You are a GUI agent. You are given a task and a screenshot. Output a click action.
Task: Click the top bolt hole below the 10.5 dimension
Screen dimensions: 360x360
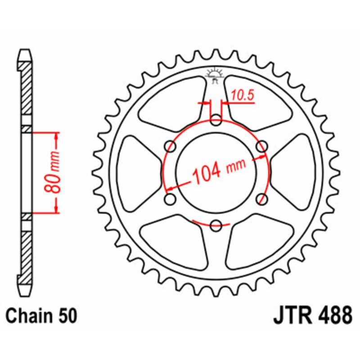(216, 120)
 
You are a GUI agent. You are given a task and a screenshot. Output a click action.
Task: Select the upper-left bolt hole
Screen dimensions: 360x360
(171, 146)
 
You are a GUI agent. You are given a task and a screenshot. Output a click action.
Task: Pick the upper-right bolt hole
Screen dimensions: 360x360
(261, 146)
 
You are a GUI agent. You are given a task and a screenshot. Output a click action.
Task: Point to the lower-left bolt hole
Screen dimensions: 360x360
(171, 198)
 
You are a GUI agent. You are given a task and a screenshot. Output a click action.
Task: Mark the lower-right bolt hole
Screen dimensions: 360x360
(261, 198)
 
